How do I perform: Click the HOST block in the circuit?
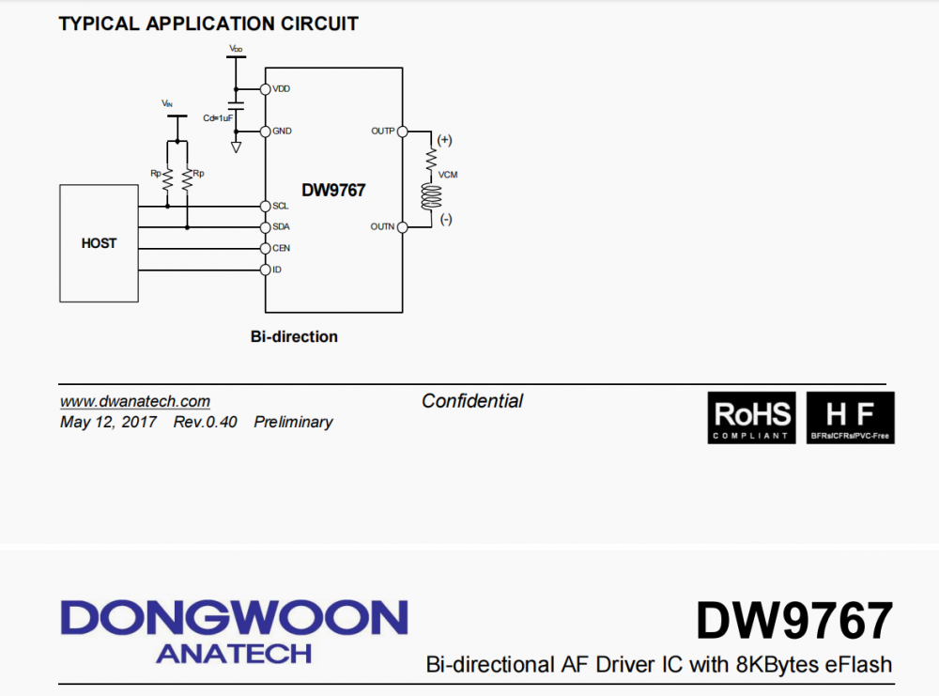(99, 243)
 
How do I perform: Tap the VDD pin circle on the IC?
(265, 89)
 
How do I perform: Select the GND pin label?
(282, 131)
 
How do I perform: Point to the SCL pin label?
(281, 206)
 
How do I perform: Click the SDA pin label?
(281, 227)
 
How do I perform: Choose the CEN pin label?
(281, 248)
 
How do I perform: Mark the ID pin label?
(277, 270)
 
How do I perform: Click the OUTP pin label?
(382, 131)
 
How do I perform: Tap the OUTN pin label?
(382, 227)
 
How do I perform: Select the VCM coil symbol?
(432, 195)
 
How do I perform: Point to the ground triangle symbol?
(236, 147)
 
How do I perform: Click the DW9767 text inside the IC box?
(333, 190)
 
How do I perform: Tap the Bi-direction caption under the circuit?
(294, 336)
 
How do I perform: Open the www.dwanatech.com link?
(135, 402)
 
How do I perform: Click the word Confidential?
(472, 401)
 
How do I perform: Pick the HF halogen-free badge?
(851, 418)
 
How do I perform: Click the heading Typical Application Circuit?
(208, 24)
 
